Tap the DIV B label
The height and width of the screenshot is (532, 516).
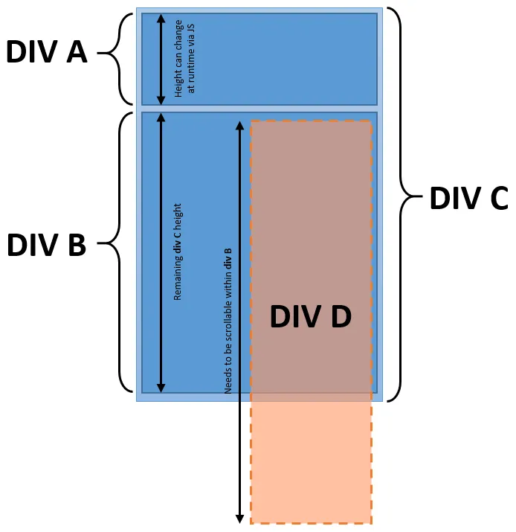[x=46, y=245]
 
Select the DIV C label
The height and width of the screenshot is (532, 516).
[x=468, y=199]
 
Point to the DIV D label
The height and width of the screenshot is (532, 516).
[x=310, y=318]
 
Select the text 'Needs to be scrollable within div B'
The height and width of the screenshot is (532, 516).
[x=228, y=321]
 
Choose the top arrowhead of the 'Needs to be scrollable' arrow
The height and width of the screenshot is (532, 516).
[x=239, y=126]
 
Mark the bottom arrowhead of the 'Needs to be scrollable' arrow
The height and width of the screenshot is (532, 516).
[x=239, y=518]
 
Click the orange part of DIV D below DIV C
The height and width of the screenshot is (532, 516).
[x=311, y=461]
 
